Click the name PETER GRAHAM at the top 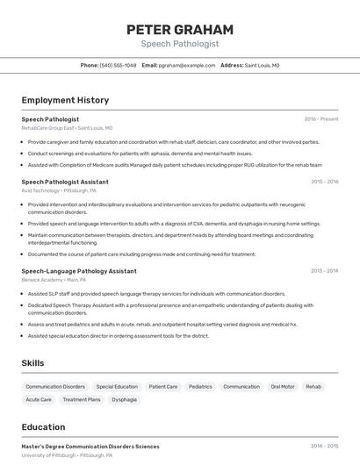180,29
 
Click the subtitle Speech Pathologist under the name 180,44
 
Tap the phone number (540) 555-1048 118,65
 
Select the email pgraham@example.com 187,65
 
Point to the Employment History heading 65,100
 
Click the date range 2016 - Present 320,118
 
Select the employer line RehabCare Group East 67,127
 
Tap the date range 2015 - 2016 324,182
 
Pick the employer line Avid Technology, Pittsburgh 59,190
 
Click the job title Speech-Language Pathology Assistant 79,271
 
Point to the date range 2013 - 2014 324,271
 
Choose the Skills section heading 32,363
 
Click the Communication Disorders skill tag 55,386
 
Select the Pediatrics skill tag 200,386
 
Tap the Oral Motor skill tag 282,386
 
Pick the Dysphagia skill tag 124,399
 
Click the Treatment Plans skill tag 81,399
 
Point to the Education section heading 43,427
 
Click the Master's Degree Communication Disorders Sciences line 90,446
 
